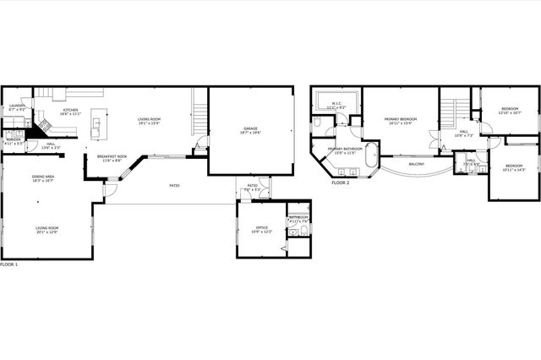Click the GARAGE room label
click(x=249, y=129)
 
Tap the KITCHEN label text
click(x=69, y=111)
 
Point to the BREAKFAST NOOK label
click(x=112, y=157)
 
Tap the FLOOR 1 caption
click(x=9, y=265)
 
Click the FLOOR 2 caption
click(x=341, y=183)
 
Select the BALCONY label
click(x=417, y=164)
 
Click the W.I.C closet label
click(x=336, y=106)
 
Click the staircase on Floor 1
click(x=199, y=114)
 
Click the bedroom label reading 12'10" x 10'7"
click(x=511, y=110)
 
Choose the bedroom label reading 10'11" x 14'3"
click(x=514, y=167)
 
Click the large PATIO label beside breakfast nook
click(x=174, y=185)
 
